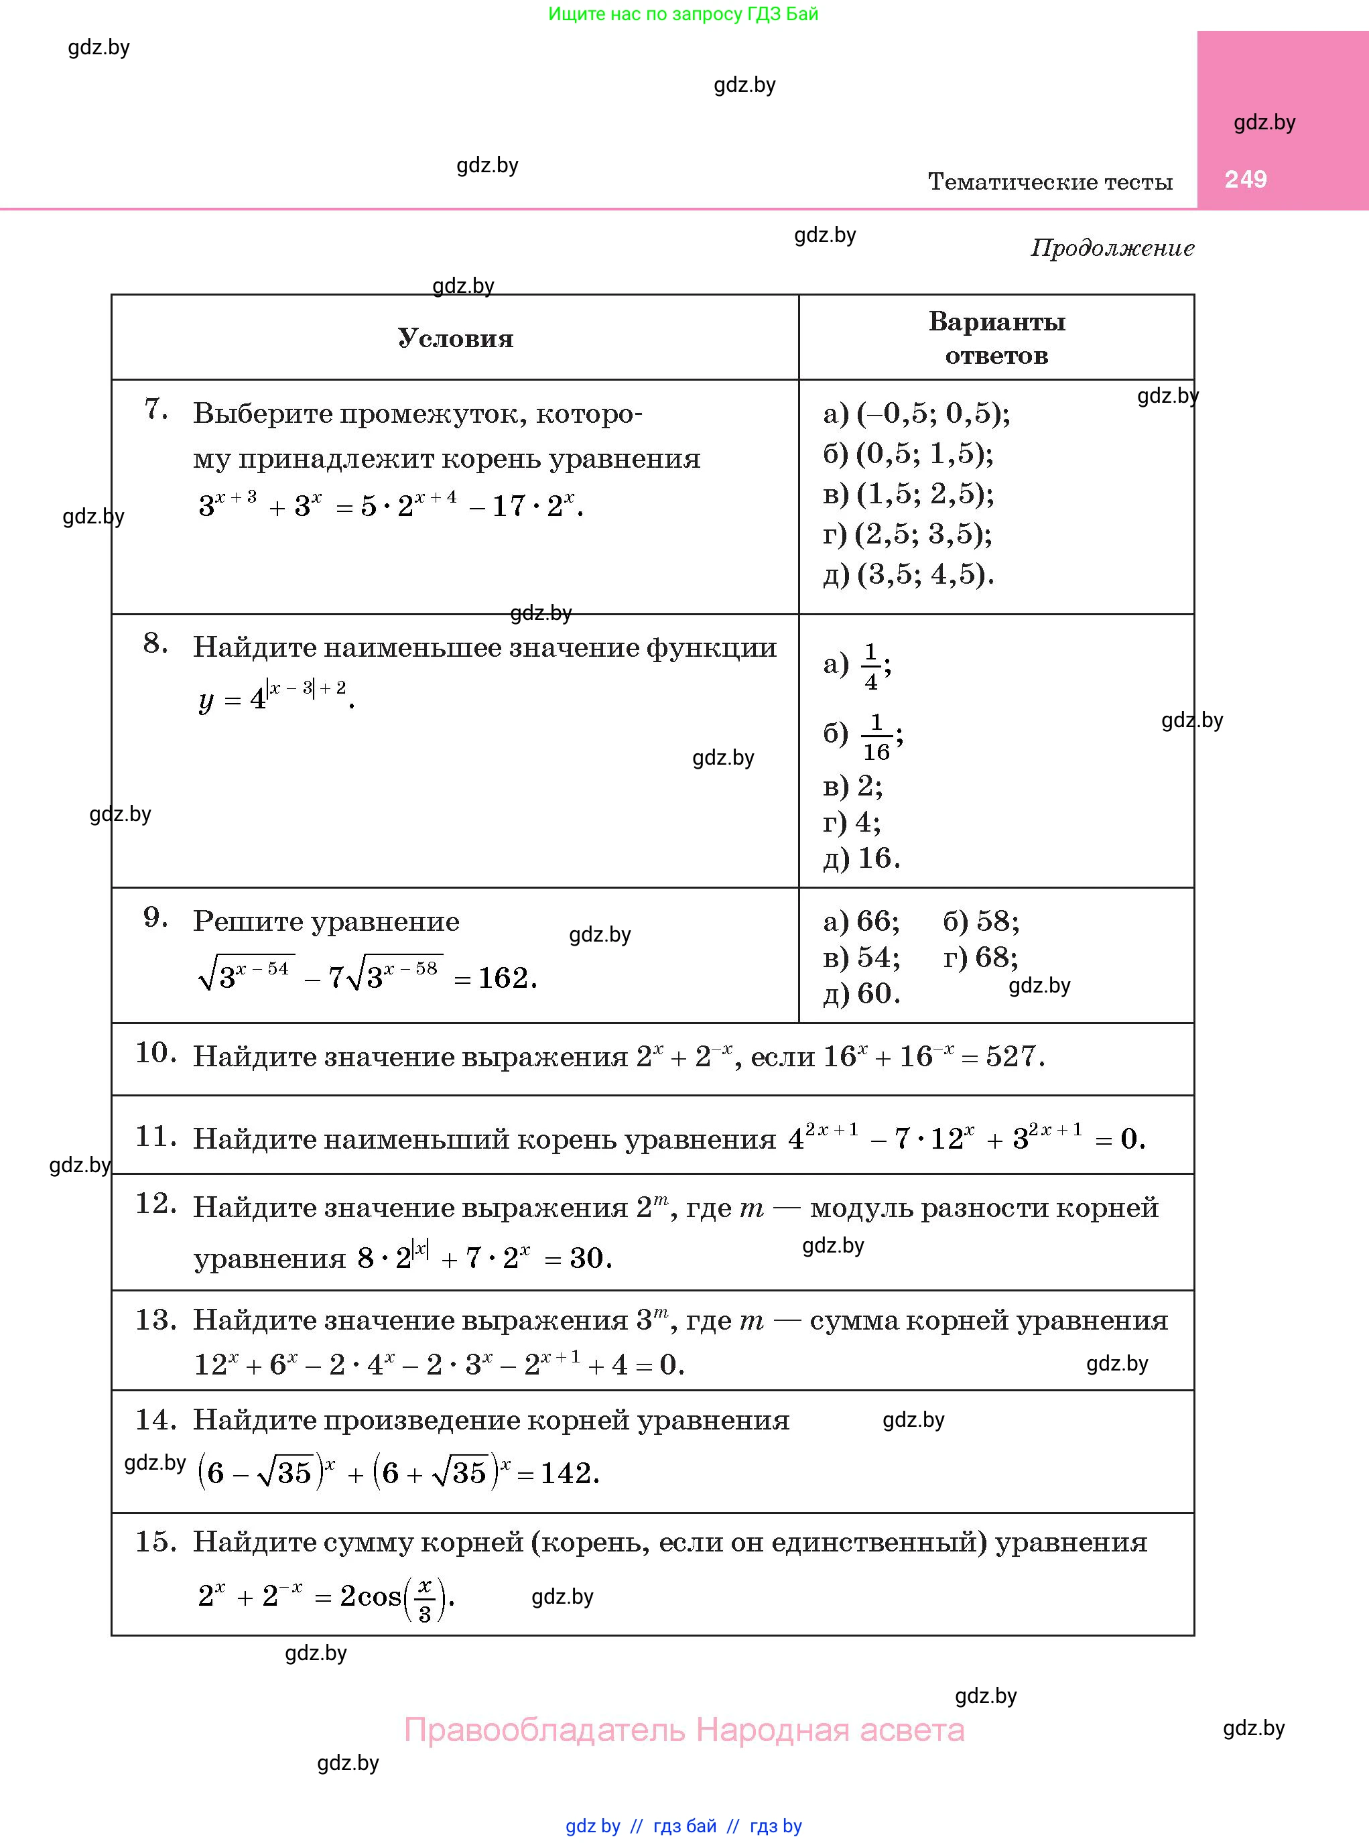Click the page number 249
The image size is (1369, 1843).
(x=1246, y=180)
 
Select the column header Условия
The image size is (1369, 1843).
(x=455, y=338)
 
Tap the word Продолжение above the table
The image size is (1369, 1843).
(x=1112, y=248)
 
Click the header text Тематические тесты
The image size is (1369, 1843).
(x=1050, y=182)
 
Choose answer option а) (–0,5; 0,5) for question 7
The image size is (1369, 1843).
(x=917, y=414)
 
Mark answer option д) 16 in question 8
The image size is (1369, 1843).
(x=861, y=859)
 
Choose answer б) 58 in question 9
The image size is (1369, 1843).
(x=981, y=921)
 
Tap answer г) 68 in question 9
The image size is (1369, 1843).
(x=980, y=958)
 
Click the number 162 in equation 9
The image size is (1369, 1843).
(x=505, y=978)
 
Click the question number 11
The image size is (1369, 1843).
(x=155, y=1136)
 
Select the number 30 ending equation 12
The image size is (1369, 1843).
(x=589, y=1258)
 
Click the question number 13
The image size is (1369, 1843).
(x=155, y=1320)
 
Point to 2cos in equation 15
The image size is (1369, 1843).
(x=371, y=1596)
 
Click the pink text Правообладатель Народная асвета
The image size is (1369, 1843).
(x=683, y=1730)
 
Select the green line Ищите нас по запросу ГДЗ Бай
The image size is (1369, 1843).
(x=683, y=14)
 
